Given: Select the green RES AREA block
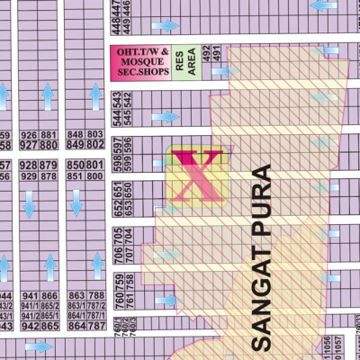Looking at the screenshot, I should click(185, 61).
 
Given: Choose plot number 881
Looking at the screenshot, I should click(50, 135).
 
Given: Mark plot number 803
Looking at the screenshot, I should click(96, 135).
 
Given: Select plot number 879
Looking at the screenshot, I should click(50, 166).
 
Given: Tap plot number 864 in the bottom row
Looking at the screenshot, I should click(76, 326).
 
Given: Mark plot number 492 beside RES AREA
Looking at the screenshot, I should click(206, 55).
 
